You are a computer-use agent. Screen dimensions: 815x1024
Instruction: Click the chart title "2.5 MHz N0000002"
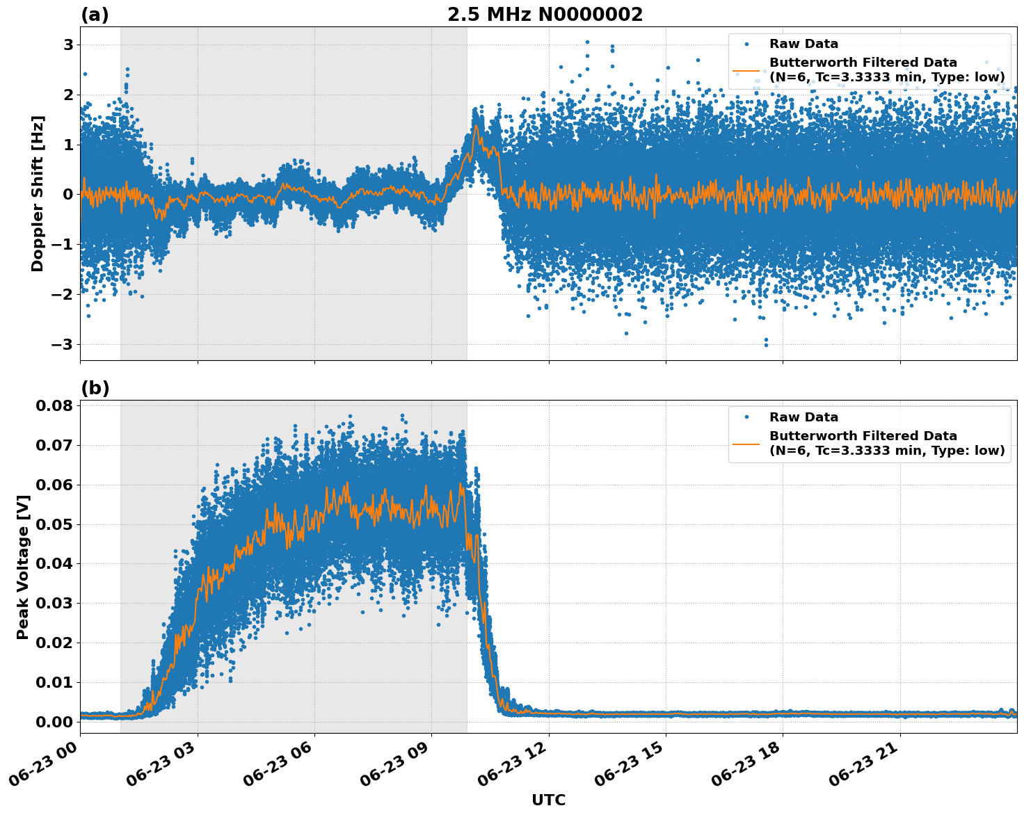pyautogui.click(x=545, y=15)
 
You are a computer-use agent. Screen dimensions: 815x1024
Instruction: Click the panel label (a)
pyautogui.click(x=95, y=15)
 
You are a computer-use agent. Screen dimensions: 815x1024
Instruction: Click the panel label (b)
pyautogui.click(x=95, y=388)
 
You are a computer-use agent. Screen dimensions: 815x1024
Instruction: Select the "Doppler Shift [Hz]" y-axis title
pyautogui.click(x=38, y=193)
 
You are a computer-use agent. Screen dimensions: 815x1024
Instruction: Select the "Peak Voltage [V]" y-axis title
pyautogui.click(x=23, y=567)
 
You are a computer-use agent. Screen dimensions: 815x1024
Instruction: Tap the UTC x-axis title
pyautogui.click(x=548, y=800)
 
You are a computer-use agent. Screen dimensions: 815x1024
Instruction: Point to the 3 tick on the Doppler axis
pyautogui.click(x=68, y=45)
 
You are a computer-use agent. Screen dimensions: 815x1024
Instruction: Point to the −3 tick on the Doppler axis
pyautogui.click(x=64, y=345)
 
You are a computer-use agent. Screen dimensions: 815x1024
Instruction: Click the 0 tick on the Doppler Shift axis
pyautogui.click(x=68, y=195)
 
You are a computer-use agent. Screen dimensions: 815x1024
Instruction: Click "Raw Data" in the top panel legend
pyautogui.click(x=803, y=45)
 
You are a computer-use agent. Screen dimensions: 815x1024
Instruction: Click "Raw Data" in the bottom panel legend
pyautogui.click(x=803, y=417)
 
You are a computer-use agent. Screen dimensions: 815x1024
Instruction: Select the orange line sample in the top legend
pyautogui.click(x=747, y=70)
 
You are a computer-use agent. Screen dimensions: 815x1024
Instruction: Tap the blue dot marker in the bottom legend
pyautogui.click(x=747, y=417)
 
